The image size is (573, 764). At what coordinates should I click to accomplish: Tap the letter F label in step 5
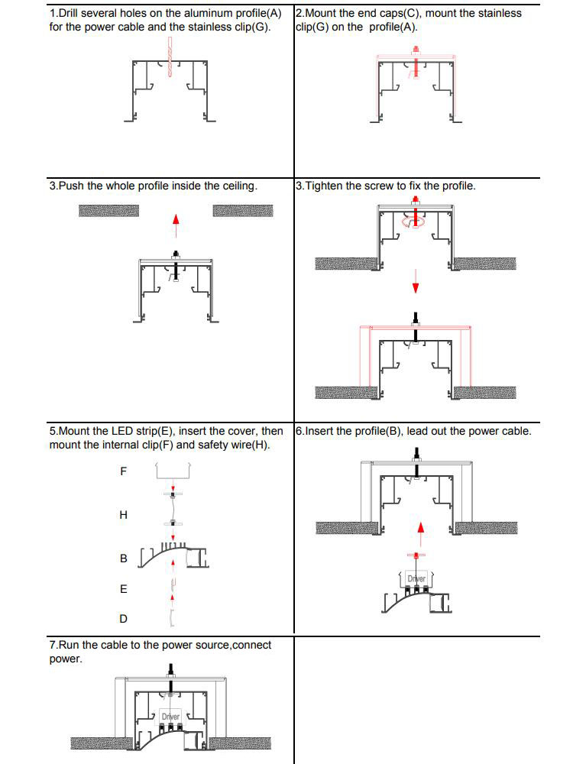pos(124,471)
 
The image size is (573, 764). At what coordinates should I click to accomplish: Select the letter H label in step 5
pos(124,516)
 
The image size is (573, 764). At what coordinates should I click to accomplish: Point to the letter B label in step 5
pos(124,558)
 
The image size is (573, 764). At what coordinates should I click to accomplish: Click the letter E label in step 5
pos(124,590)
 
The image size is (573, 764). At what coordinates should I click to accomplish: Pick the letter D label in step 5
pos(124,619)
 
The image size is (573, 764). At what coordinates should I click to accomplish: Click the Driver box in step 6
pos(416,578)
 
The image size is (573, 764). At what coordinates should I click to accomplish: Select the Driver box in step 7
pos(170,717)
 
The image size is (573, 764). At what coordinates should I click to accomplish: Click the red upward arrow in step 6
pos(419,529)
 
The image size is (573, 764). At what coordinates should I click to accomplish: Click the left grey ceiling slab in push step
pos(108,210)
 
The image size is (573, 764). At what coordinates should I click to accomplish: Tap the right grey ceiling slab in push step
pos(242,210)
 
